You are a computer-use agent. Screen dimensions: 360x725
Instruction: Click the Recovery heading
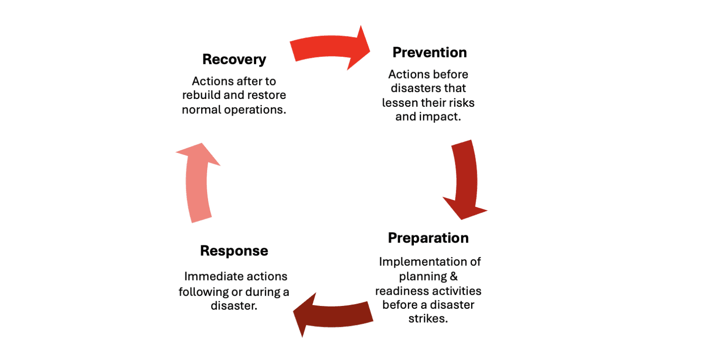click(234, 60)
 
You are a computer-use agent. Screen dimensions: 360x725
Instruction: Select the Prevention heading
click(430, 52)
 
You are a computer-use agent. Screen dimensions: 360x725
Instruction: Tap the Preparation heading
click(428, 238)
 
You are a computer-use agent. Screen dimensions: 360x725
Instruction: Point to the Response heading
click(234, 250)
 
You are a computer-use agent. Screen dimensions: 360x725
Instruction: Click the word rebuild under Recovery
click(200, 96)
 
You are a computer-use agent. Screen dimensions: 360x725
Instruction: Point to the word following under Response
click(200, 292)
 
